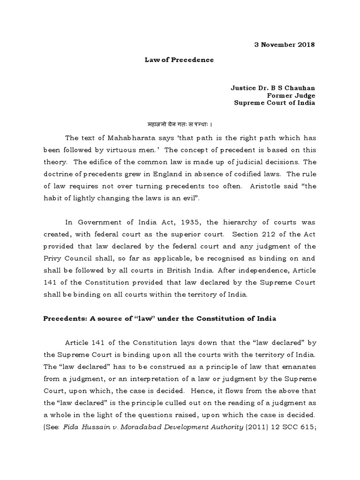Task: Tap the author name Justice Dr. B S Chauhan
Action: (x=273, y=87)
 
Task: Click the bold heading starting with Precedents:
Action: (x=159, y=319)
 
